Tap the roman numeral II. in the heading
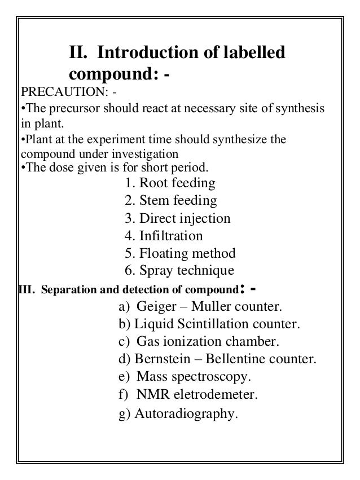[x=80, y=54]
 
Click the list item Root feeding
[x=169, y=183]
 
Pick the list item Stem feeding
[x=170, y=201]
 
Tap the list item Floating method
[x=179, y=253]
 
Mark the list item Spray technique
[x=179, y=271]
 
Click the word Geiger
[x=155, y=307]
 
